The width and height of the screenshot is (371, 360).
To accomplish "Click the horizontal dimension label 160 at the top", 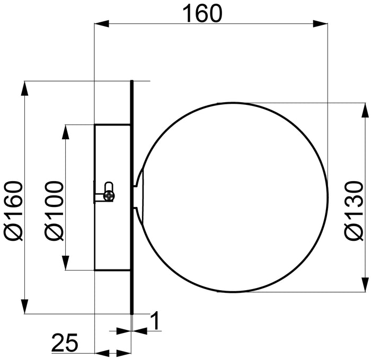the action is [x=202, y=14].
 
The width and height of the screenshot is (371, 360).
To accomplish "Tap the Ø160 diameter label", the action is [x=13, y=211].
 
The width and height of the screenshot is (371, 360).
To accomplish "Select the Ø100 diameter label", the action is [x=54, y=211].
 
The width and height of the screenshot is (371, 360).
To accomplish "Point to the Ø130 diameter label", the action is [x=354, y=211].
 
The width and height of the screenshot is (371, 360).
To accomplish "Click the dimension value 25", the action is [x=65, y=343].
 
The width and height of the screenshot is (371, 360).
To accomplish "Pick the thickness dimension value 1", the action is [x=155, y=320].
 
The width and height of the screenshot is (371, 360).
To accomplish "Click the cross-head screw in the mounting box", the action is [x=110, y=195].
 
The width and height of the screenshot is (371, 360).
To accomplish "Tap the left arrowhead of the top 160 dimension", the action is [x=102, y=24].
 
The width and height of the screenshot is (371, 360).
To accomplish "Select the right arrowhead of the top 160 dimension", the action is [x=320, y=24].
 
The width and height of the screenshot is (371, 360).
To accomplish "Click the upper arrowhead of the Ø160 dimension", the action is [x=24, y=88].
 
